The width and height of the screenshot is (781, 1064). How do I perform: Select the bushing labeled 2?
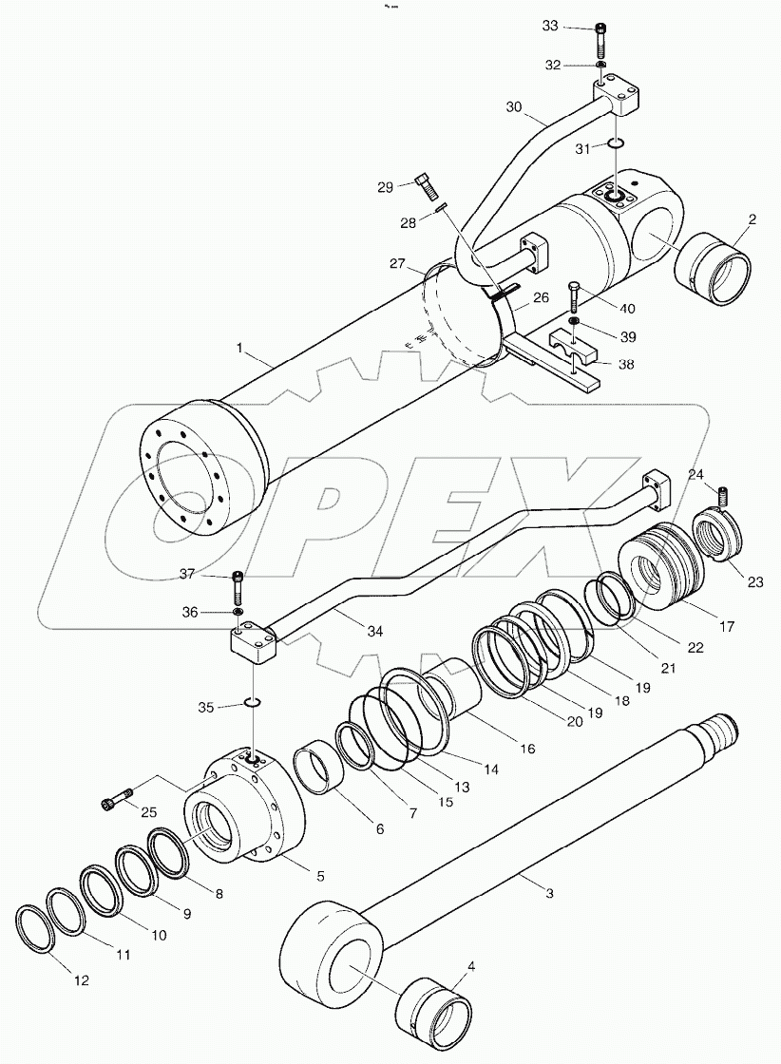pos(712,269)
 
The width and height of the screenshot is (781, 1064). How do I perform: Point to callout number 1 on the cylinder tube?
pos(244,352)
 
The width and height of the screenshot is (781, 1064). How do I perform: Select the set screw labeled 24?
pos(726,495)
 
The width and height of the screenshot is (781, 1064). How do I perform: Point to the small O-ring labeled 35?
pos(251,703)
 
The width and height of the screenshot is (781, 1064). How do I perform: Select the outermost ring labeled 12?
pos(35,928)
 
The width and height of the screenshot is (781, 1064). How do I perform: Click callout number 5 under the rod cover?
pos(319,875)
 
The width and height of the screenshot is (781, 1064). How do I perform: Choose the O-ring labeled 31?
pos(616,143)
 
